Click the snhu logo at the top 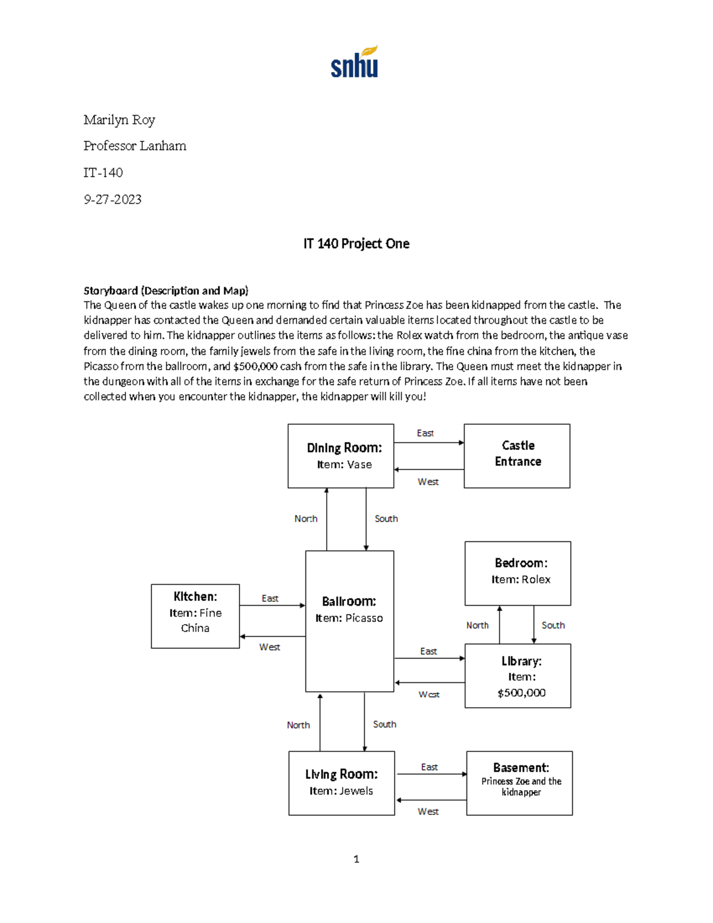pos(355,62)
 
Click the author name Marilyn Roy pos(119,120)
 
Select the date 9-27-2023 pos(112,199)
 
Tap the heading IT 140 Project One pos(356,244)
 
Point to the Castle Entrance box pos(517,456)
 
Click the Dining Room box pos(340,456)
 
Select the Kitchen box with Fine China pos(195,616)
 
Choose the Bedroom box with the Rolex pos(518,573)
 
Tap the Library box pos(518,676)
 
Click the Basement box pos(519,783)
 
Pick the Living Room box pos(342,783)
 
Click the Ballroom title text pos(349,601)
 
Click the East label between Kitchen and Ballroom pos(270,598)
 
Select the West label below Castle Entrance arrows pos(428,482)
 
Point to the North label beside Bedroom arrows pos(477,625)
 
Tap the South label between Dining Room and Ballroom pos(386,519)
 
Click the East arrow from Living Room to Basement pos(431,774)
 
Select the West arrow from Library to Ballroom pos(430,682)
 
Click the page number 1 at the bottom pos(356,859)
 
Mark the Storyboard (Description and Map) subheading pos(166,291)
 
